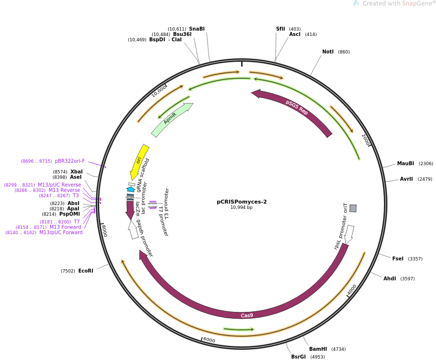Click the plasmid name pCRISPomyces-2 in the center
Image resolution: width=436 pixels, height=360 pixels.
click(242, 202)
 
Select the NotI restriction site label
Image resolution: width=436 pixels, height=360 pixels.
click(328, 52)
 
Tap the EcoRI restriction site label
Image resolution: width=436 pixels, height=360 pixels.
click(86, 271)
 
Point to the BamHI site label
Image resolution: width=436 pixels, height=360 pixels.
click(318, 349)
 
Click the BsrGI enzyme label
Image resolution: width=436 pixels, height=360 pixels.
click(298, 357)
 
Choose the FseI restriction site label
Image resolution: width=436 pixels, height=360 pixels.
click(398, 258)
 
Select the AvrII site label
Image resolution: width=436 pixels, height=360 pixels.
click(406, 179)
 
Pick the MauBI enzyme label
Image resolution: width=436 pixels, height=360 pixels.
click(405, 164)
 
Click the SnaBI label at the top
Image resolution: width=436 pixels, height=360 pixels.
click(197, 29)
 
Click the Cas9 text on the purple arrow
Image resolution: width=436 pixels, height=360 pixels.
click(247, 315)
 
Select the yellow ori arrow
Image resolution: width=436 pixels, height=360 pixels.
click(139, 161)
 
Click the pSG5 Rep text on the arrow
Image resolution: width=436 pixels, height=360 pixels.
click(296, 107)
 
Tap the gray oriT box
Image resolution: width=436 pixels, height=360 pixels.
click(353, 208)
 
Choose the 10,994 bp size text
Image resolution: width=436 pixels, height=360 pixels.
click(242, 208)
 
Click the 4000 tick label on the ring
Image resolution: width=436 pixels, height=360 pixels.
click(352, 290)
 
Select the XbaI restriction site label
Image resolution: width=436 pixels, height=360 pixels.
click(76, 172)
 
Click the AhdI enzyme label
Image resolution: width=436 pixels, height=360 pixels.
click(389, 279)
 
